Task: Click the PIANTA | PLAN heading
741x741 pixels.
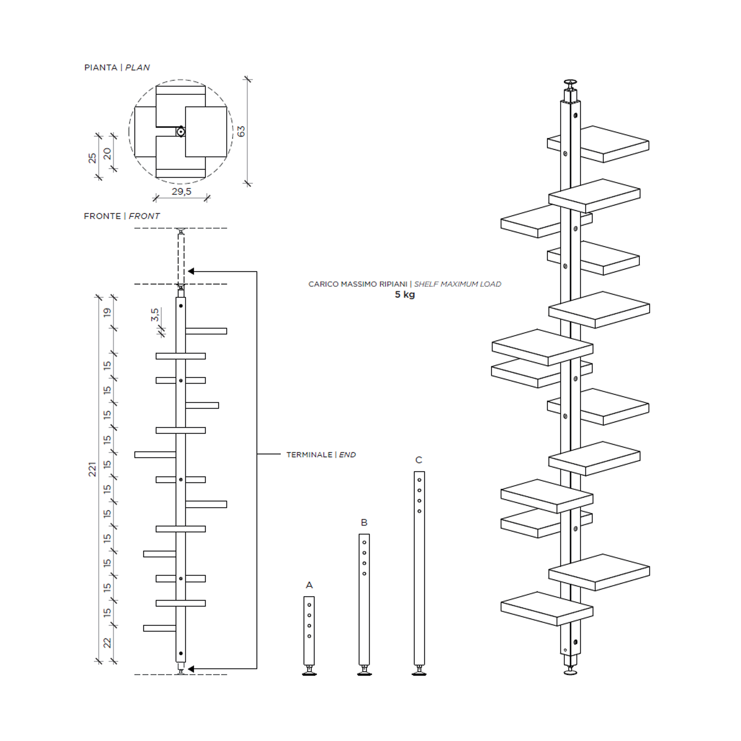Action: (117, 68)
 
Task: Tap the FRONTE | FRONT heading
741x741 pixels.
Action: (122, 216)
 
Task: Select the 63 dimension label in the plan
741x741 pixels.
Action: (241, 131)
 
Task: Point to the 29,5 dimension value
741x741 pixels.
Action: (181, 191)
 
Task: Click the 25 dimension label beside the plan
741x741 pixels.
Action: (92, 158)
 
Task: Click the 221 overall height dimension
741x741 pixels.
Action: (92, 469)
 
